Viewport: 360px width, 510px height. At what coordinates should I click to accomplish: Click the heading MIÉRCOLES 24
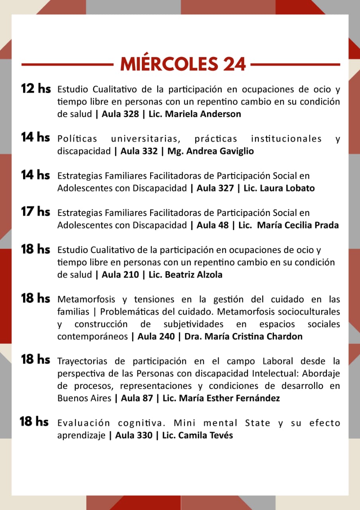point(183,64)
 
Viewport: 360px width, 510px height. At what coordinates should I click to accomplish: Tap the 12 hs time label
point(36,88)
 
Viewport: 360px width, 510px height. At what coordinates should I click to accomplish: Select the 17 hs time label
point(35,211)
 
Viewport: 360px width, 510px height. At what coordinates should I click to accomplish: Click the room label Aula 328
point(120,114)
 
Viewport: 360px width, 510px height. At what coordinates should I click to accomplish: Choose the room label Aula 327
point(215,188)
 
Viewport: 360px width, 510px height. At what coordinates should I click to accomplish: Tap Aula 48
point(213,225)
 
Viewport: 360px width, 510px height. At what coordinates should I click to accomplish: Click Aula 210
point(120,275)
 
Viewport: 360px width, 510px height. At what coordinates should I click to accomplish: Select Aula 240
point(156,336)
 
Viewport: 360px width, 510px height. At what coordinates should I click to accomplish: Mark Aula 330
point(134,435)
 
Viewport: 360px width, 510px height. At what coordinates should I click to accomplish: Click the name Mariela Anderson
point(203,114)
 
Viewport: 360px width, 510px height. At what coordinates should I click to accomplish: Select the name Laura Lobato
point(287,188)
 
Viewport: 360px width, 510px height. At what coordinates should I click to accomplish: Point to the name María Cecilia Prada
point(298,225)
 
